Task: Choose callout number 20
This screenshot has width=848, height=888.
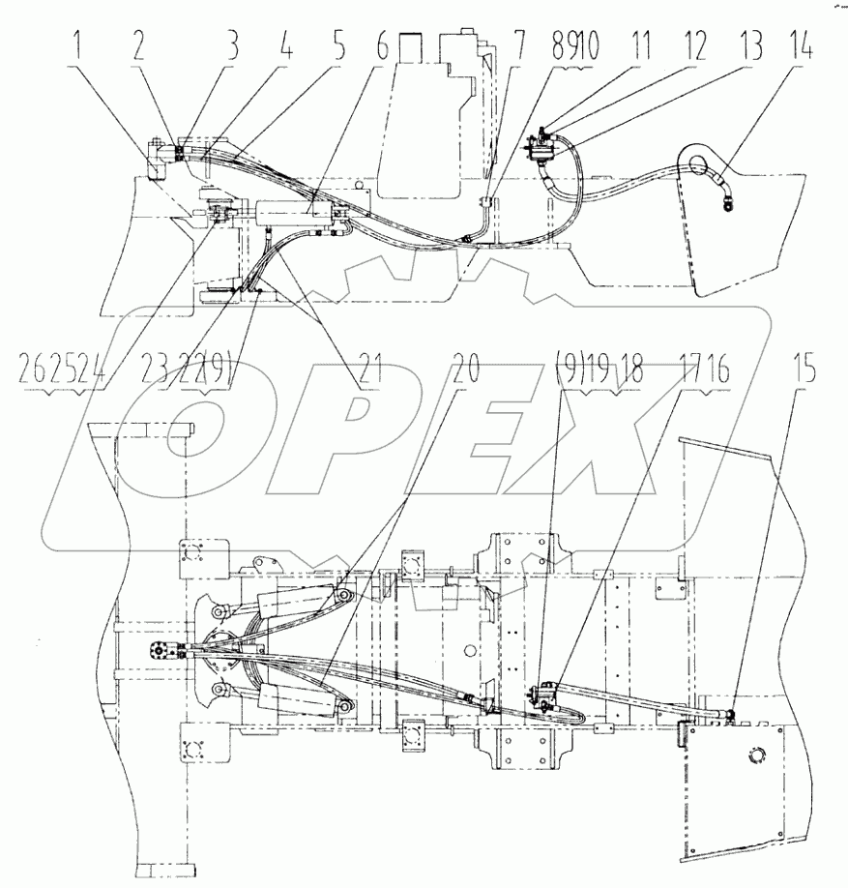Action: point(468,370)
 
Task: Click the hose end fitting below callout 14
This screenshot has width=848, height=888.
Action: point(726,202)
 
